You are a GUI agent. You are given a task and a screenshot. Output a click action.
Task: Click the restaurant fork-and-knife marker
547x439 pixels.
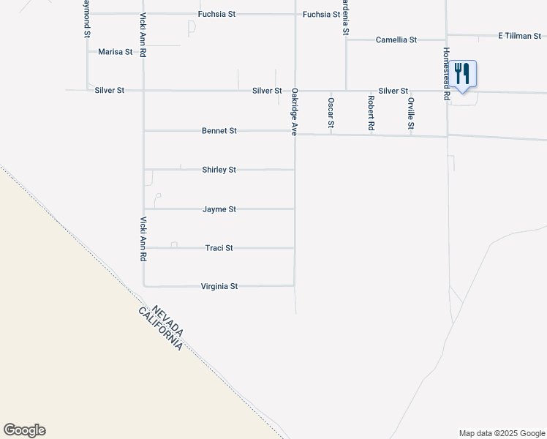point(461,74)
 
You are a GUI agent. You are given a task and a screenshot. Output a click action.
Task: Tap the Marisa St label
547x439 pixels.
point(115,52)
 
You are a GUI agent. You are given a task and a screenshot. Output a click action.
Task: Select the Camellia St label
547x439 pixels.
point(396,40)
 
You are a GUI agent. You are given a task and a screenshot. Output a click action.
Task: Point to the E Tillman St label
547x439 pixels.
point(519,35)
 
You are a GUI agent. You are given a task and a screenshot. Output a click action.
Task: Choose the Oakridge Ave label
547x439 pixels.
point(295,112)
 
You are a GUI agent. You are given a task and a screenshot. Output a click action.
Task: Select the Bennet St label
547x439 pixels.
point(219,131)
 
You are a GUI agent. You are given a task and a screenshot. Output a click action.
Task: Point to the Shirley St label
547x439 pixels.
point(219,170)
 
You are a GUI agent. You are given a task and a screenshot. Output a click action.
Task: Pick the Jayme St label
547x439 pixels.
point(219,209)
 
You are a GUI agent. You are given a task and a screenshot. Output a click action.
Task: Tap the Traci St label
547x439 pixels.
point(219,248)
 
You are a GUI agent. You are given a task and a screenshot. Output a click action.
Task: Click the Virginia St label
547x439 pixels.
point(219,287)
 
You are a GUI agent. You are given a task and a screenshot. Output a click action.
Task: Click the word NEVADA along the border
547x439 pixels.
point(165,320)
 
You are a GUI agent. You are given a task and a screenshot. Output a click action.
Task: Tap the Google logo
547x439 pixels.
point(24,430)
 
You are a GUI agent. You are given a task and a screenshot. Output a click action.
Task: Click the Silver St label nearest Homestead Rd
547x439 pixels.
point(393,91)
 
